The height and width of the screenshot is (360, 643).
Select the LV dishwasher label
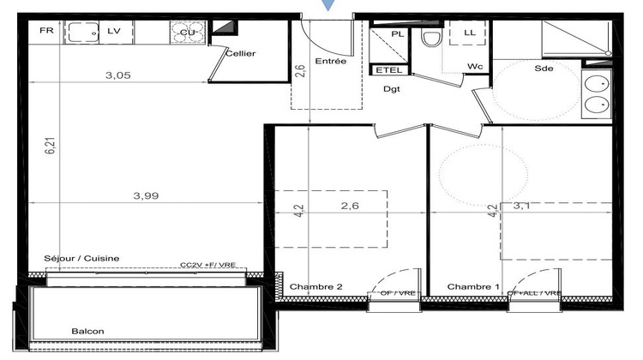[x=114, y=31]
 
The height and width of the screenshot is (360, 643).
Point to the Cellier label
[x=240, y=53]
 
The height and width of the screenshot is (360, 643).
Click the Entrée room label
[x=330, y=62]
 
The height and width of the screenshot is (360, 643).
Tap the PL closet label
[x=397, y=33]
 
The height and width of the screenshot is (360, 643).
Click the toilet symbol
[x=430, y=36]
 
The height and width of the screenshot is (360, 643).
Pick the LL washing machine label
[x=469, y=33]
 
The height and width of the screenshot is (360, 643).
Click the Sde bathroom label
[x=544, y=69]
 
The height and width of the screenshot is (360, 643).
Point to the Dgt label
[x=392, y=87]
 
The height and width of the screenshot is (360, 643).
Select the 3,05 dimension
[x=117, y=75]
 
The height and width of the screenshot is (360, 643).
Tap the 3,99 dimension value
[x=146, y=195]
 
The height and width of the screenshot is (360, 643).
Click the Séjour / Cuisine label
[x=82, y=258]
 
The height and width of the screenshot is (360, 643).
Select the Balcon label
[x=88, y=331]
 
